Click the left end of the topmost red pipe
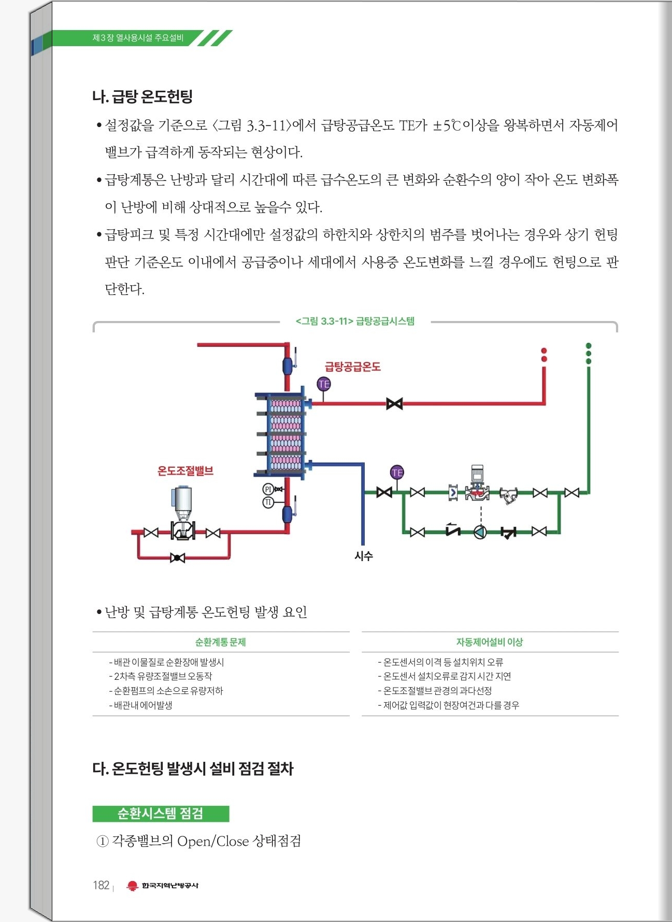point(198,344)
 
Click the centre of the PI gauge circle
point(268,489)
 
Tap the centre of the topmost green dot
point(589,346)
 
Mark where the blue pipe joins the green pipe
point(364,492)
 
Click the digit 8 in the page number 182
point(101,885)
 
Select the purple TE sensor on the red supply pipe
point(324,384)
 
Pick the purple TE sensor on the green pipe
point(397,472)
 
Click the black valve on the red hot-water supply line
point(394,403)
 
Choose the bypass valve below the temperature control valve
point(177,558)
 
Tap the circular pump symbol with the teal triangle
point(480,532)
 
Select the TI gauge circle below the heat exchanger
point(268,502)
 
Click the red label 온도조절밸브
point(185,471)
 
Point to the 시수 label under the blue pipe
point(364,556)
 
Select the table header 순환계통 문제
point(221,642)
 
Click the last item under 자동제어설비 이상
point(449,705)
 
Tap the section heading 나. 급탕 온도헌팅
point(142,96)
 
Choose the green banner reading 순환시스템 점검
point(161,814)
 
